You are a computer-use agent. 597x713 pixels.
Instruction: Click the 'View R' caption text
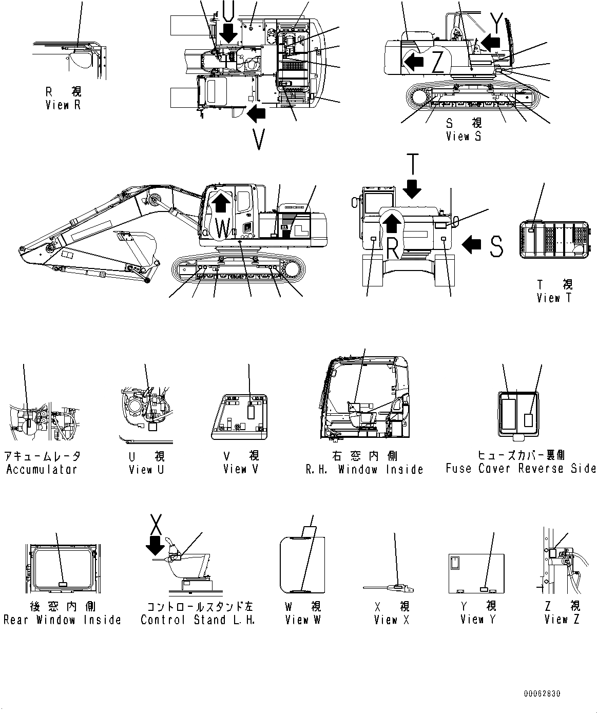[63, 105]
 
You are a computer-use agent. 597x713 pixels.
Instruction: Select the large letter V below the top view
[259, 139]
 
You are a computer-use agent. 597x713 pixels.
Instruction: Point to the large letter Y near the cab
[496, 21]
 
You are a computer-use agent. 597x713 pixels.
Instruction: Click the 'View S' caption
[464, 137]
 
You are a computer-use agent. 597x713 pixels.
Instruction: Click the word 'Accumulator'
[42, 469]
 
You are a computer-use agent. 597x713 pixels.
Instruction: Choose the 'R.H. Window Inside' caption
[364, 469]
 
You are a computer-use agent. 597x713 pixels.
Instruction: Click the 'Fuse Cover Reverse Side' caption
[521, 468]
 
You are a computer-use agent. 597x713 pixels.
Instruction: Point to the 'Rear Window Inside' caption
[62, 620]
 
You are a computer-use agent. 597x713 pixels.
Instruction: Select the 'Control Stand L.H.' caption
[198, 620]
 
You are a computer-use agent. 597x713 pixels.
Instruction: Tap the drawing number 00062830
[542, 694]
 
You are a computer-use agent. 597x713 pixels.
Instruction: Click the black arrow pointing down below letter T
[412, 191]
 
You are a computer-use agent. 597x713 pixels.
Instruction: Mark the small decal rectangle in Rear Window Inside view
[63, 584]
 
